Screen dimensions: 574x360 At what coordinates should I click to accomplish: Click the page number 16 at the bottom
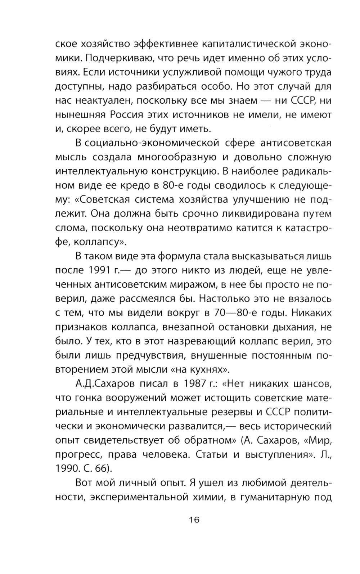[x=194, y=520]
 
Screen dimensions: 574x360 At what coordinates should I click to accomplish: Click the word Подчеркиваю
[x=113, y=58]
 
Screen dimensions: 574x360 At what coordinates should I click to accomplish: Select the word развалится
[x=198, y=426]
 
